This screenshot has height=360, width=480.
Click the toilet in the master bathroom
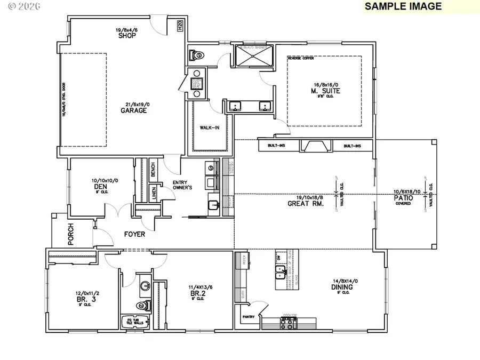pos(196,55)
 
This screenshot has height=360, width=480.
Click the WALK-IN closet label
pos(208,128)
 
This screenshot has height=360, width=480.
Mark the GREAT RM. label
pos(304,203)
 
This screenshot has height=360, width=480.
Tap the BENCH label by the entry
pos(153,170)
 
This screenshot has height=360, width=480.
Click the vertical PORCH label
pos(71,235)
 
